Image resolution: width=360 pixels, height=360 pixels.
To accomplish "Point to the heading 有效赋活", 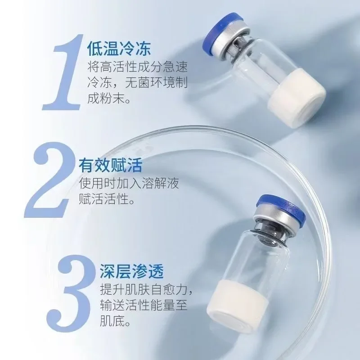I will pos(110,165).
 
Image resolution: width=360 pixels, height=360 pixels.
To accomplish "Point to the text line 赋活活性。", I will pos(106,199).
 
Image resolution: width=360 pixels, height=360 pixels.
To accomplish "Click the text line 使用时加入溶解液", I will pos(131,184).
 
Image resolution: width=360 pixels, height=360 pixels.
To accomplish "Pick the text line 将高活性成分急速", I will pos(137,67).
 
